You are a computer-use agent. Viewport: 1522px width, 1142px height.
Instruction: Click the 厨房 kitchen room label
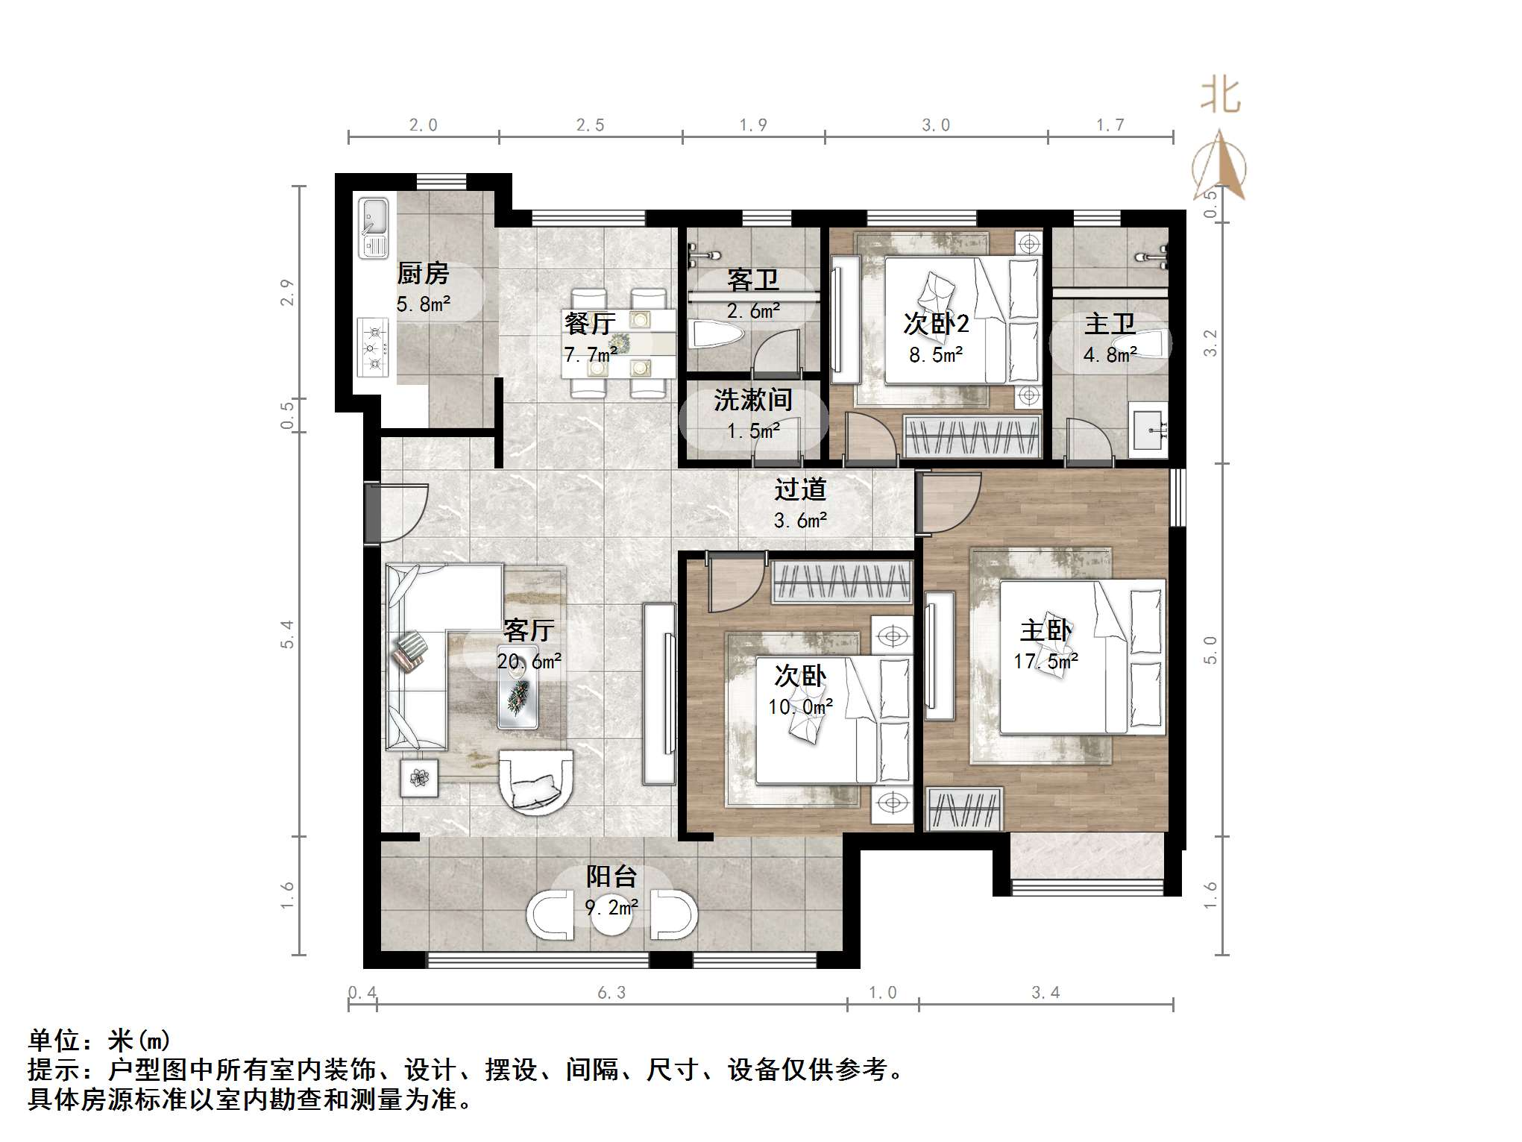tap(423, 274)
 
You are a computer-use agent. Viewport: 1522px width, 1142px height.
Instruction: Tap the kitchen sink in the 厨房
tap(373, 228)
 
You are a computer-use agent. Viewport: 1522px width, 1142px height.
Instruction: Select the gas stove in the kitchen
tap(373, 347)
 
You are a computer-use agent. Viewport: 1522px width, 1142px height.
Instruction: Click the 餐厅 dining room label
tap(589, 323)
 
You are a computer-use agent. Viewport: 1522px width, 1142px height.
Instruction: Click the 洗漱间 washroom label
tap(752, 401)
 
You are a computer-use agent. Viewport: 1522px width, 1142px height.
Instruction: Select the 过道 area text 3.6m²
tap(800, 521)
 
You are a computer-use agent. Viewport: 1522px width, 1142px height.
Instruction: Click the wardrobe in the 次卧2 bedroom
tap(972, 436)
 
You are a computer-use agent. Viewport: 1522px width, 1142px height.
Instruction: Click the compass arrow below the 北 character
tap(1220, 168)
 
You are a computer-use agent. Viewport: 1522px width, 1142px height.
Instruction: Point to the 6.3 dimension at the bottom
tap(611, 992)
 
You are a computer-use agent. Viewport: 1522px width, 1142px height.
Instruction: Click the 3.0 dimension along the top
tap(936, 125)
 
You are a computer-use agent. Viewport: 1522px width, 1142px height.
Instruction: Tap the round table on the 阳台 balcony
tap(611, 916)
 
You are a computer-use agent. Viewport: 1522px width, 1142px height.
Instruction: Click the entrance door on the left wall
tap(373, 512)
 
